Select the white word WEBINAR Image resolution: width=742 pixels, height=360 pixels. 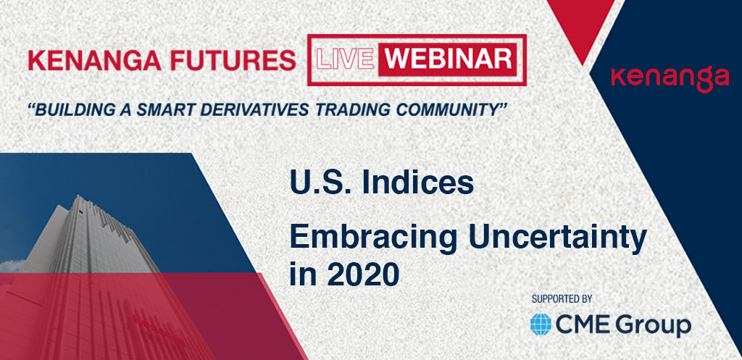tap(447, 59)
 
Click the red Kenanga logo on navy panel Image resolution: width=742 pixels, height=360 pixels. tap(670, 79)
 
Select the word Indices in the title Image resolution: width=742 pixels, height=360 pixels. tap(417, 183)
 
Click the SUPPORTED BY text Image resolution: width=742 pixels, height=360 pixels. tap(562, 299)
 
